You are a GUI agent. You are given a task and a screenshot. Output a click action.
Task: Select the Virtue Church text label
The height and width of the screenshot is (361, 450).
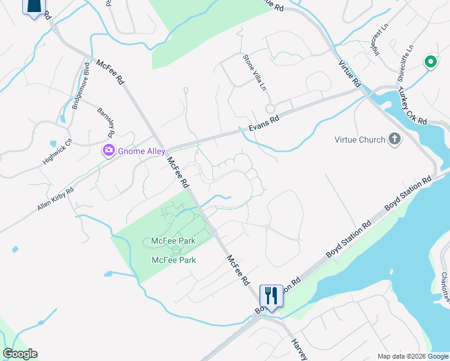click(x=360, y=140)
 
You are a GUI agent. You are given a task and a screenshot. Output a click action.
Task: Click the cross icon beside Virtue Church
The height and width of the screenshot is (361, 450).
click(x=395, y=140)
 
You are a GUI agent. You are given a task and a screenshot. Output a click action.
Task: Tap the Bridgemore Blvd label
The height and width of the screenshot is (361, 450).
click(x=76, y=93)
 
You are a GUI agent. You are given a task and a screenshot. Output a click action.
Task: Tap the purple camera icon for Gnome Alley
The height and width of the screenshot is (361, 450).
click(x=109, y=151)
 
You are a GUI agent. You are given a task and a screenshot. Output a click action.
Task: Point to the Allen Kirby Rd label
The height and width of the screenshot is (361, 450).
click(x=55, y=198)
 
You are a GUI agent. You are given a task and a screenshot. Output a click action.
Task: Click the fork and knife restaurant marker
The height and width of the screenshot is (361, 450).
click(x=271, y=296)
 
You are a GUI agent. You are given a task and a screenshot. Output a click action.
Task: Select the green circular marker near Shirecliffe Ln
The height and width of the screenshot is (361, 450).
click(x=430, y=61)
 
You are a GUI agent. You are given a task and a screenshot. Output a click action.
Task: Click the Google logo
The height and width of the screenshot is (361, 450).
click(x=20, y=354)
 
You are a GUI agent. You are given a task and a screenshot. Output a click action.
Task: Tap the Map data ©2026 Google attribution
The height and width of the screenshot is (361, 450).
click(x=412, y=356)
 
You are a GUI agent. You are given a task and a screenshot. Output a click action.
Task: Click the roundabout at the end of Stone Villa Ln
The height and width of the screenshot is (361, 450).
click(x=270, y=108)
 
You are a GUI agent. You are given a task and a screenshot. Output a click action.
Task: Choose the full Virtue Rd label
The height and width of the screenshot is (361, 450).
click(x=349, y=73)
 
